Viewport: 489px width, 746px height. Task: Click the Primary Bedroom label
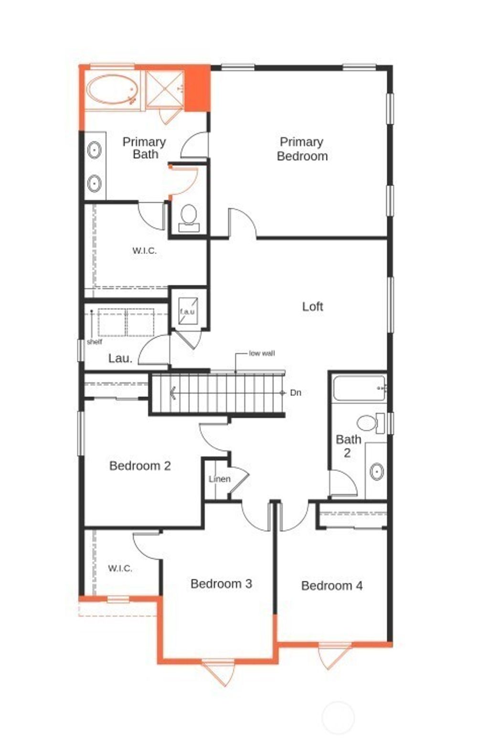coord(302,149)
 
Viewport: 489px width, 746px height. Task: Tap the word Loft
coord(312,307)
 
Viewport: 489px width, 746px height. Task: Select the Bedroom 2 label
coord(140,466)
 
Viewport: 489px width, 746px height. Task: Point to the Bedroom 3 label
coord(221,583)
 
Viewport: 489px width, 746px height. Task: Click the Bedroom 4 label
coord(332,586)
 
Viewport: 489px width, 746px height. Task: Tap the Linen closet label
coord(219,479)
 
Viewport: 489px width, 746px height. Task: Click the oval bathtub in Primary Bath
coord(113,90)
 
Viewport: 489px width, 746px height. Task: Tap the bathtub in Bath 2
coord(359,388)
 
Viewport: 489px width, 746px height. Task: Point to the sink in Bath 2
coord(377,472)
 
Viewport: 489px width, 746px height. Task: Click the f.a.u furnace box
coord(187,311)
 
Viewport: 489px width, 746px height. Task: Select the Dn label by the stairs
coord(296,393)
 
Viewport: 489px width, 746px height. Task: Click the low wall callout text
coord(262,353)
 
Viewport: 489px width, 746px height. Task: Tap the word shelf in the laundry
coord(95,342)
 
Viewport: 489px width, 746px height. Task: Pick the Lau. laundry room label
coord(120,358)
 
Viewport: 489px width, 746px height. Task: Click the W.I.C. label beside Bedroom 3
coord(120,568)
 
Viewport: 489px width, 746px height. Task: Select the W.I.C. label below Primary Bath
coord(144,251)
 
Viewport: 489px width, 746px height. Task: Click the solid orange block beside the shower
coord(197,88)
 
